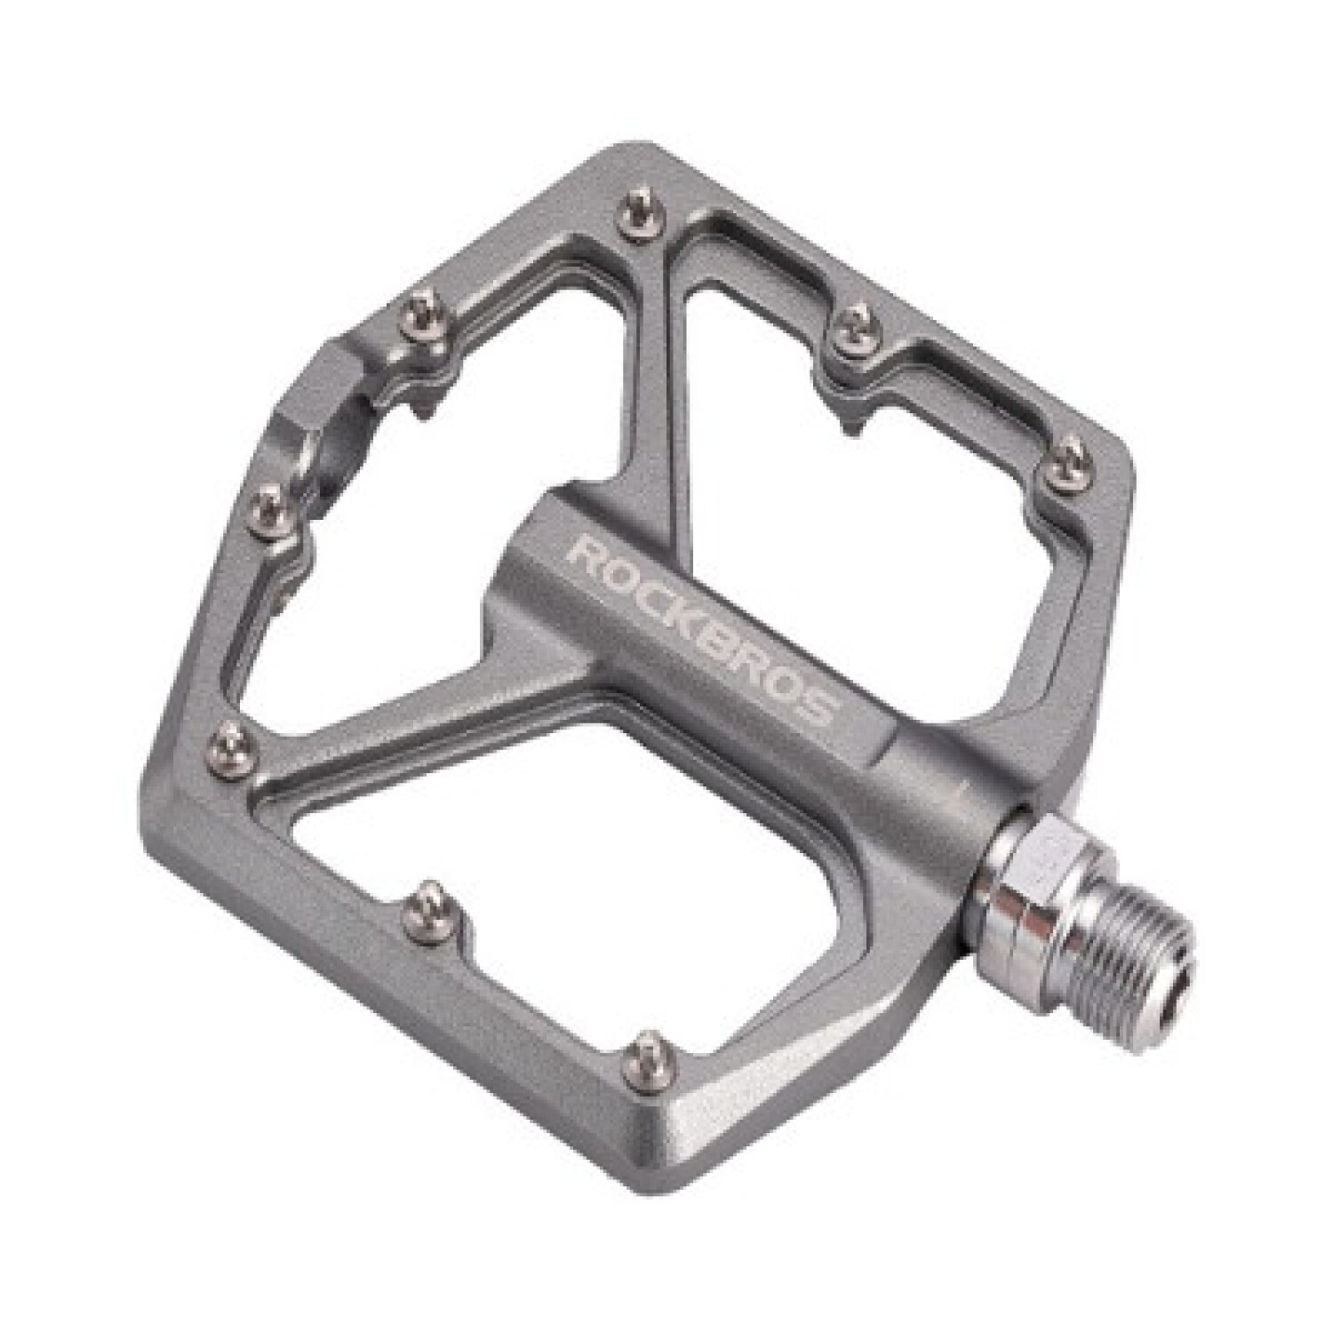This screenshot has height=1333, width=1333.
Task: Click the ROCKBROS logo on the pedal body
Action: coord(702,632)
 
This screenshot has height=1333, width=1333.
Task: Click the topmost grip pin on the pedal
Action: coord(636,218)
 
